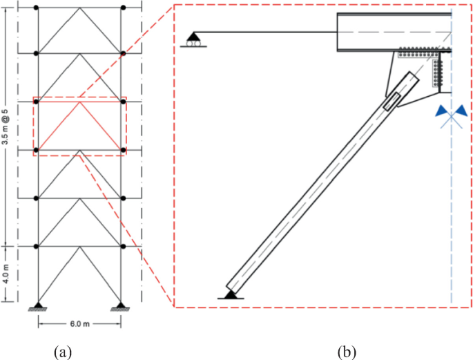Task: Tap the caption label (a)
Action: click(63, 352)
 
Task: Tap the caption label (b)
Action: click(347, 352)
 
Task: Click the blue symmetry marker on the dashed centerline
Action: click(452, 112)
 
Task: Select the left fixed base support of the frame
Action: click(38, 306)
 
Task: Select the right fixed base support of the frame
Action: click(122, 306)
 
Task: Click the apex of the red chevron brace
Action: click(80, 102)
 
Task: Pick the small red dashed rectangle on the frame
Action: click(80, 126)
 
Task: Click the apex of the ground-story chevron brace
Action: click(80, 247)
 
